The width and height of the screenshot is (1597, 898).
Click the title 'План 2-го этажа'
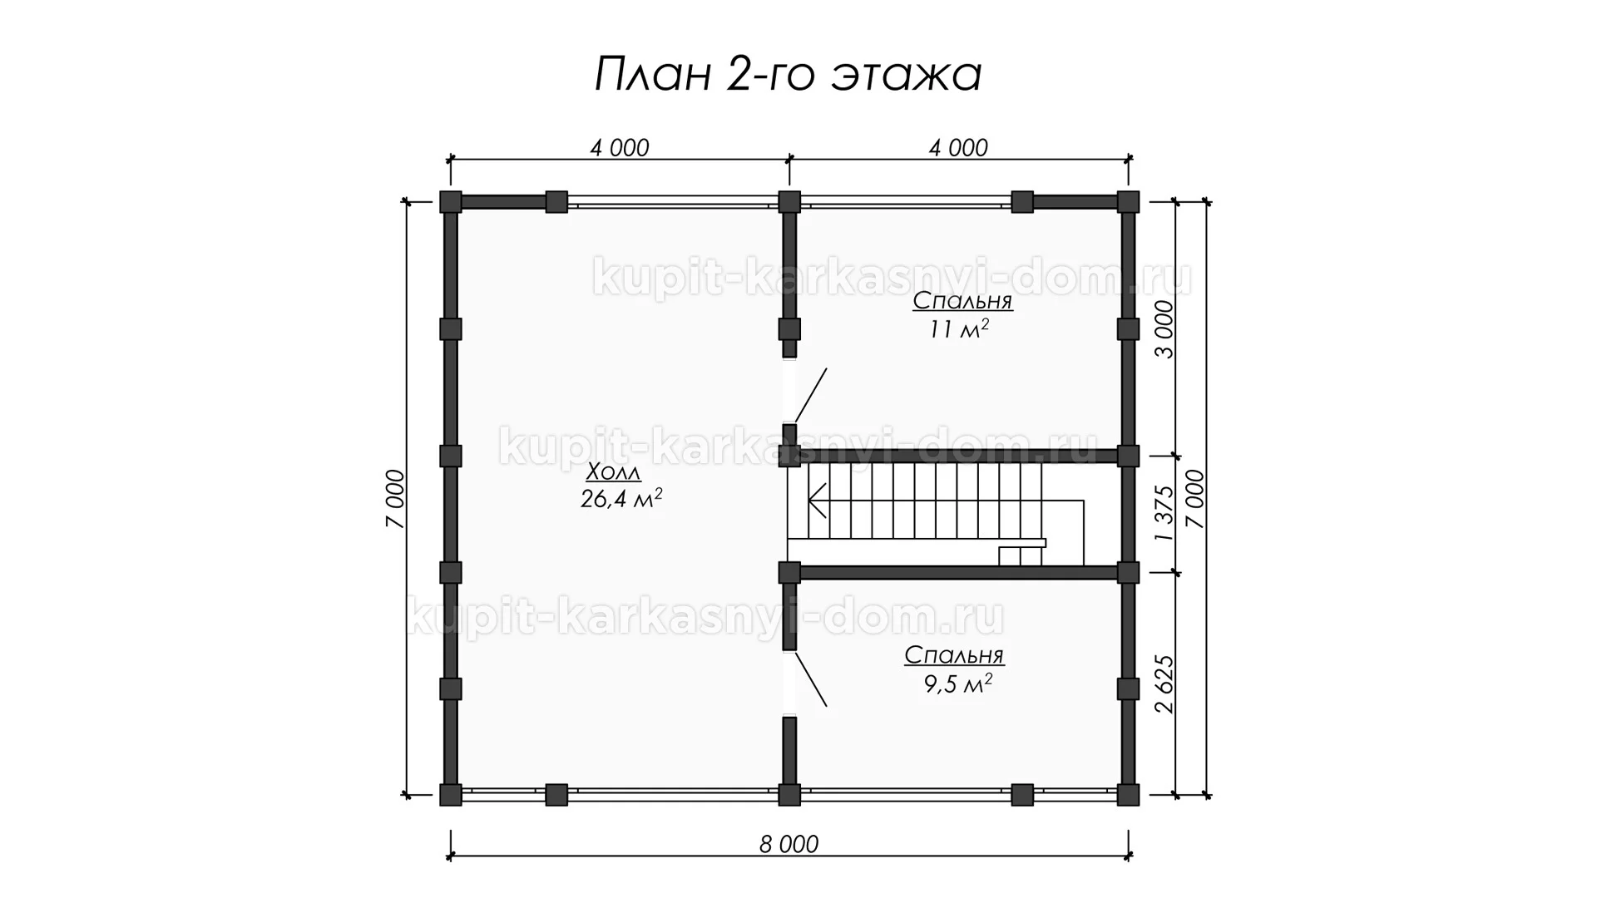tap(788, 76)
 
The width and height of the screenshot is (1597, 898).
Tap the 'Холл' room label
tap(614, 472)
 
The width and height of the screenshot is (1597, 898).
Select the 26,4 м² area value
tap(621, 499)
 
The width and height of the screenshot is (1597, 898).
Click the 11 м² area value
tap(960, 329)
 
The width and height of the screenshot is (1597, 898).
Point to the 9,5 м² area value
tap(954, 684)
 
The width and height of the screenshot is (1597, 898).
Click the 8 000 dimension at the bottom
tap(789, 845)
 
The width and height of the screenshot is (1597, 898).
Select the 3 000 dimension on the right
tap(1166, 329)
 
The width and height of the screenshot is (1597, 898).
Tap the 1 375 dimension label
tap(1166, 514)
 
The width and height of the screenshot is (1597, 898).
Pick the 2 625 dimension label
tap(1166, 684)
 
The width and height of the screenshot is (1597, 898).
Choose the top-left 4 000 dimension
tap(619, 148)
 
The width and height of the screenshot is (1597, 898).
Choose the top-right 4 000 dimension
tap(958, 148)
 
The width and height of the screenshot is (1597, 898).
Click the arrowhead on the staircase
tap(817, 502)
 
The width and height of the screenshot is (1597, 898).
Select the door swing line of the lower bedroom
tap(811, 679)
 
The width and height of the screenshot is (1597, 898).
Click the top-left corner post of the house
tap(450, 201)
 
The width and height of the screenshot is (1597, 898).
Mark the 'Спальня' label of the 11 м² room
tap(962, 302)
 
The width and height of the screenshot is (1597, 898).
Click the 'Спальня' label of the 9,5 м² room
tap(955, 656)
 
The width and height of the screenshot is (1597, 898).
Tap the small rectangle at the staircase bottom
tap(1010, 556)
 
